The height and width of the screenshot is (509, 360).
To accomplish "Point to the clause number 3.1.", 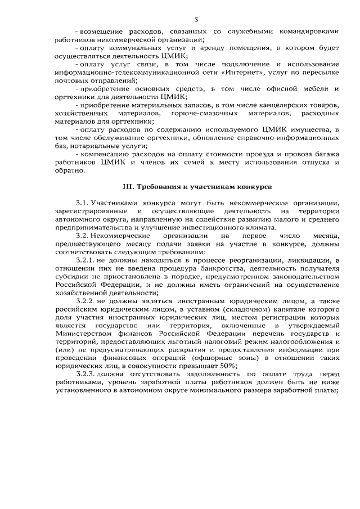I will (x=82, y=202).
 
